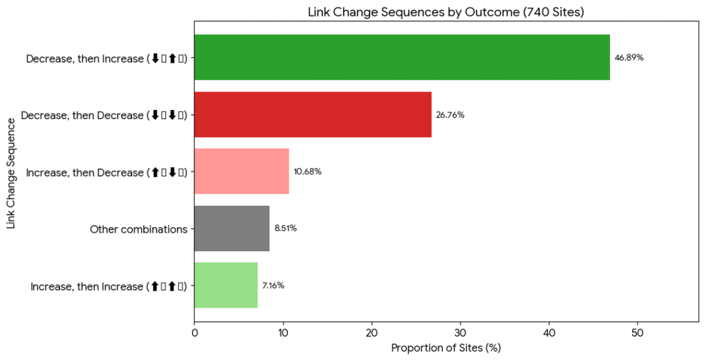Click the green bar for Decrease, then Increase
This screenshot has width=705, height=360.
(x=402, y=57)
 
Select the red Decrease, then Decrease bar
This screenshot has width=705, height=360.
(x=313, y=114)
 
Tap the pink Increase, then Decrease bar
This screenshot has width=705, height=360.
(x=242, y=171)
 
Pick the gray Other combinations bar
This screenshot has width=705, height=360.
(x=232, y=228)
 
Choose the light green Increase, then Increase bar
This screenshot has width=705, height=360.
(x=226, y=285)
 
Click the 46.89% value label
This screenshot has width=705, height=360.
(x=629, y=58)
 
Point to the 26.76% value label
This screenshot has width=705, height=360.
(x=450, y=115)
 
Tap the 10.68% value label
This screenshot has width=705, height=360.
(x=308, y=171)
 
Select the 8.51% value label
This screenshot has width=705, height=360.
(x=285, y=229)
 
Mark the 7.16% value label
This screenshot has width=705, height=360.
(x=273, y=286)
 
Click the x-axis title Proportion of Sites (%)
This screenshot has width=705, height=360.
(x=445, y=348)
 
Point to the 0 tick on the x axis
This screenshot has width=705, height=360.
(x=195, y=332)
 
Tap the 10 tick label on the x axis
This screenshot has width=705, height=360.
(x=283, y=332)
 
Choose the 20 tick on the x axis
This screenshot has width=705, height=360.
(x=372, y=332)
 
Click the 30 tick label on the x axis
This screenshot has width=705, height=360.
(x=461, y=332)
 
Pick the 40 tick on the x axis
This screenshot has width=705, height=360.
(x=549, y=332)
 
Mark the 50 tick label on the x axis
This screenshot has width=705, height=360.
(x=638, y=332)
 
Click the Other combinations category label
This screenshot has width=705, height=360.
(x=138, y=229)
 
